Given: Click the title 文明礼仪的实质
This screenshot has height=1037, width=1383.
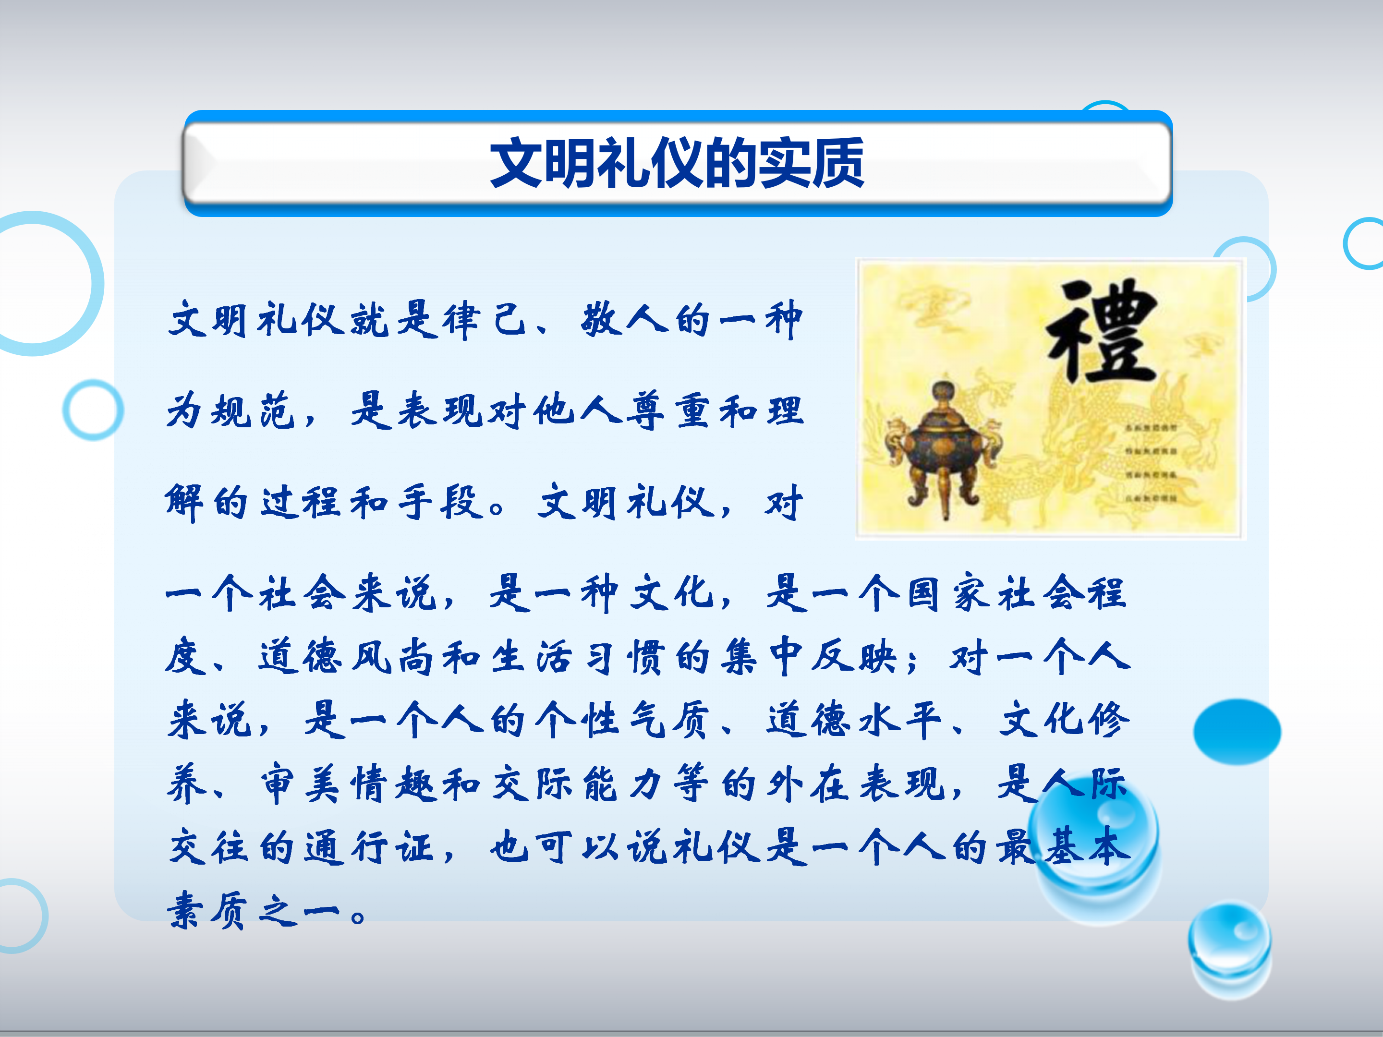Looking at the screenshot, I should point(677,163).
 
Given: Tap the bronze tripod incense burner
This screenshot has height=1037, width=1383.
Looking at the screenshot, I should point(944,450).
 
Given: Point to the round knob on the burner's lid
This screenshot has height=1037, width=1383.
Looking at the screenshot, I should point(944,391).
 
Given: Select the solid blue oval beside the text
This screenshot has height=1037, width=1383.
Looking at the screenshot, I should point(1236,731).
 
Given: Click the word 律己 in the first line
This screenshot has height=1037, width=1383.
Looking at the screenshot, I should point(485,320).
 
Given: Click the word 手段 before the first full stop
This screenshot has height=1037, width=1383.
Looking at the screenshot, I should point(441,502).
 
